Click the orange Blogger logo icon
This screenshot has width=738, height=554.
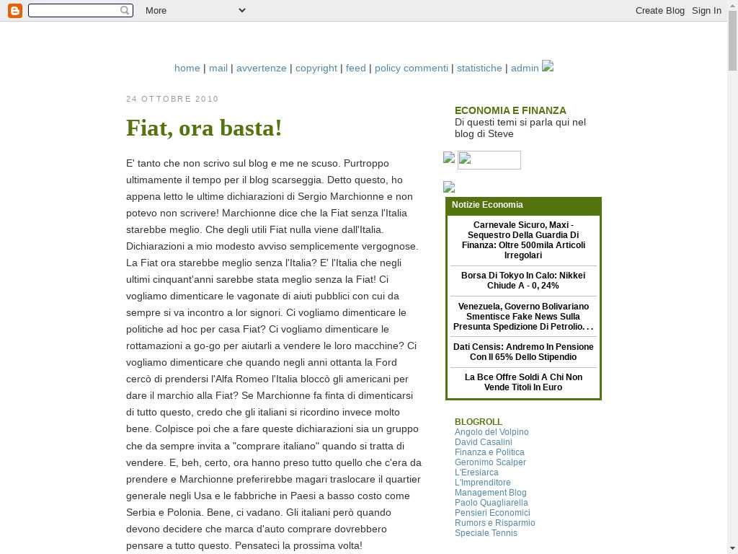[x=14, y=10]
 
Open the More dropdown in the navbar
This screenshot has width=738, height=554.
[x=195, y=10]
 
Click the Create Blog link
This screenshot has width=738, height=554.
[x=659, y=10]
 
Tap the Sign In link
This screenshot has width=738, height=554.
[x=706, y=10]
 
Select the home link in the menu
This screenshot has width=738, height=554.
[x=187, y=68]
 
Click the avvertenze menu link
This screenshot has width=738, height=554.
[x=261, y=68]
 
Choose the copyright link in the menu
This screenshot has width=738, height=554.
[x=316, y=68]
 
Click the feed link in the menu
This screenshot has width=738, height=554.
[x=355, y=68]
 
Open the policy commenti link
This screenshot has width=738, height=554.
[x=411, y=68]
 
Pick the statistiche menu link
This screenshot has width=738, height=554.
[x=479, y=68]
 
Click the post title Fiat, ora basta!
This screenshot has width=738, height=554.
[x=204, y=128]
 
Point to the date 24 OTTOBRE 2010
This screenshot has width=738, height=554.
[x=172, y=99]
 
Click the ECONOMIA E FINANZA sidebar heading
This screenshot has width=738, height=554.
[x=510, y=110]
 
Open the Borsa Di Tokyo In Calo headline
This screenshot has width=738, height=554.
[x=523, y=281]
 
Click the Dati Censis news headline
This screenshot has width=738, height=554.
[x=523, y=352]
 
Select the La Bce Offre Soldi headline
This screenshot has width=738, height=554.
[x=523, y=382]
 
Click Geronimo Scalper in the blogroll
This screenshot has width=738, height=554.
[x=490, y=462]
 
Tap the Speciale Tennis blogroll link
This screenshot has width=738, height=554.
[x=486, y=533]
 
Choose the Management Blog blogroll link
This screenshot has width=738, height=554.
[x=490, y=493]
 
